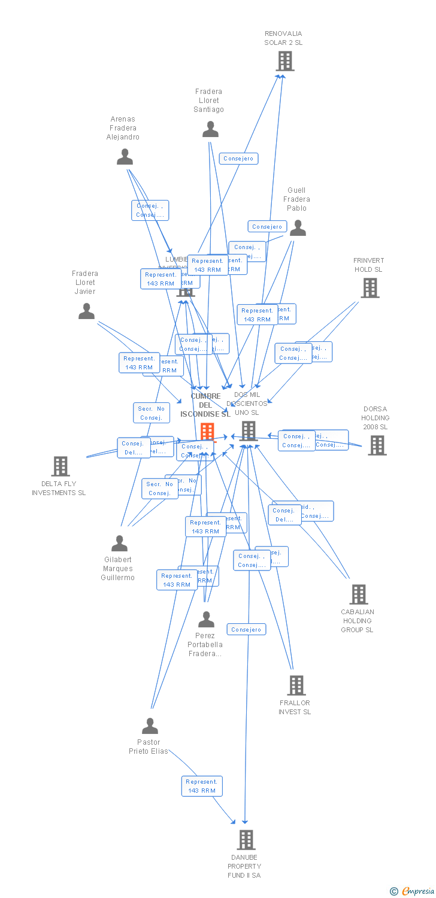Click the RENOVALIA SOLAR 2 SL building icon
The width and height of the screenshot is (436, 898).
pyautogui.click(x=285, y=61)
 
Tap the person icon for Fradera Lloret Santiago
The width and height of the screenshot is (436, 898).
pyautogui.click(x=210, y=129)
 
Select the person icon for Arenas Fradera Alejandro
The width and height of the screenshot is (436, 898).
pyautogui.click(x=125, y=157)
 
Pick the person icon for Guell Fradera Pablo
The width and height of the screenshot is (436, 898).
pyautogui.click(x=298, y=228)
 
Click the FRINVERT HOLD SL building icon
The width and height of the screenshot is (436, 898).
pyautogui.click(x=370, y=288)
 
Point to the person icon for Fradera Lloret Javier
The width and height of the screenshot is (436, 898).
pyautogui.click(x=87, y=311)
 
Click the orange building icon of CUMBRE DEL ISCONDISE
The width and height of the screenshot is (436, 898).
pyautogui.click(x=207, y=431)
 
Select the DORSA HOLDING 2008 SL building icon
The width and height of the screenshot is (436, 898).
pyautogui.click(x=377, y=445)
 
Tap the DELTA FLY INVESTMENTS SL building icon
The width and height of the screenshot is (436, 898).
pyautogui.click(x=60, y=466)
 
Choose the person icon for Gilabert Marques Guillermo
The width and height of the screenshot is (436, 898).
pyautogui.click(x=119, y=544)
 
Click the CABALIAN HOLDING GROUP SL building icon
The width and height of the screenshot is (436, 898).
pyautogui.click(x=358, y=594)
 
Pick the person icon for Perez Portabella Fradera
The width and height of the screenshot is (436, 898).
pyautogui.click(x=206, y=620)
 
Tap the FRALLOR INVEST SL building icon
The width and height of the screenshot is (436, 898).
pyautogui.click(x=296, y=685)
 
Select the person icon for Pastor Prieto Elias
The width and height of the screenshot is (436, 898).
pyautogui.click(x=150, y=726)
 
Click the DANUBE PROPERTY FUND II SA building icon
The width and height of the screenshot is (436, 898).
pyautogui.click(x=246, y=840)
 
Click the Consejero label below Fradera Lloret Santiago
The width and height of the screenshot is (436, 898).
pyautogui.click(x=239, y=159)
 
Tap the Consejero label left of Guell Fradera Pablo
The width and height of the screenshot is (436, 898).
pyautogui.click(x=267, y=227)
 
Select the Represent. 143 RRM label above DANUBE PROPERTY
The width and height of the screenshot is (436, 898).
pyautogui.click(x=202, y=786)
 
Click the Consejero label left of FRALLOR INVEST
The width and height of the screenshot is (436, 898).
pyautogui.click(x=246, y=630)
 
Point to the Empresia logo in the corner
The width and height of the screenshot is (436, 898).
pyautogui.click(x=413, y=891)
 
